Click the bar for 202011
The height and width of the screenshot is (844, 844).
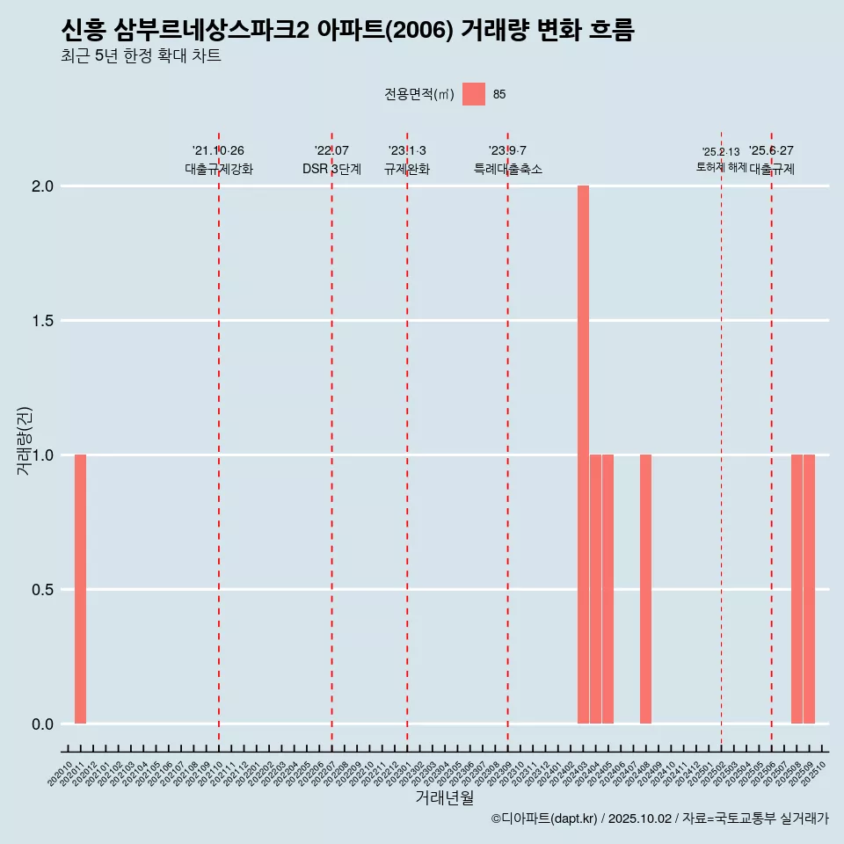[x=80, y=589]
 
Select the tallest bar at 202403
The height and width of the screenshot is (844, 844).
[x=583, y=455]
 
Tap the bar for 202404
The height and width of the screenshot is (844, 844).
[x=595, y=589]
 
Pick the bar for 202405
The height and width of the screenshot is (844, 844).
[x=608, y=589]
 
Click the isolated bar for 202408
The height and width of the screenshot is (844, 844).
[x=645, y=589]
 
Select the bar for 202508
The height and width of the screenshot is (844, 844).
[x=797, y=589]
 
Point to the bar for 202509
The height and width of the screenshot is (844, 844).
[x=809, y=589]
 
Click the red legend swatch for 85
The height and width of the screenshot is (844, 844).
[x=474, y=94]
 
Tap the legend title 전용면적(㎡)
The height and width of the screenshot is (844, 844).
[x=419, y=94]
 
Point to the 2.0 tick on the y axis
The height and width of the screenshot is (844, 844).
[x=43, y=186]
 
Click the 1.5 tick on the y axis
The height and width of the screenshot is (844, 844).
[x=43, y=321]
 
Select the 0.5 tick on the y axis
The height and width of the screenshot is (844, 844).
[x=43, y=590]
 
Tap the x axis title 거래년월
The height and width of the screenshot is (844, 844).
[x=444, y=797]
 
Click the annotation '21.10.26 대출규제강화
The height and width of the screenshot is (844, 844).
[x=218, y=160]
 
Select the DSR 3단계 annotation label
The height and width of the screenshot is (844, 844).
[x=331, y=169]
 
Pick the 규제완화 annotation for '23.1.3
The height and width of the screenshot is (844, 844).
[x=406, y=169]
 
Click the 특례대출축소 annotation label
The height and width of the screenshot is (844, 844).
[x=507, y=169]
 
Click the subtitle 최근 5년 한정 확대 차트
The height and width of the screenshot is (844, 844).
[x=141, y=56]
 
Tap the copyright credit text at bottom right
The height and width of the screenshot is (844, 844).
[x=659, y=819]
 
